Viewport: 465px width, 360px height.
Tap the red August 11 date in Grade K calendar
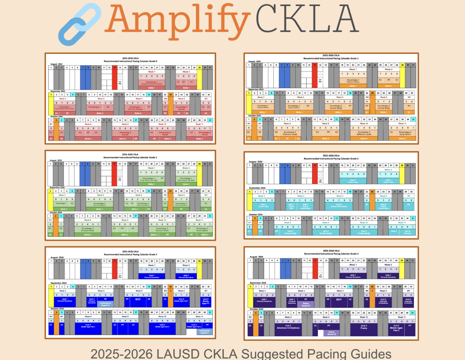point(115,67)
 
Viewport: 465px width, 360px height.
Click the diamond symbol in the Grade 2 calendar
point(120,173)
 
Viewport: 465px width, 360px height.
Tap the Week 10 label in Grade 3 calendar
point(364,223)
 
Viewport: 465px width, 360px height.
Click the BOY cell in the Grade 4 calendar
point(138,300)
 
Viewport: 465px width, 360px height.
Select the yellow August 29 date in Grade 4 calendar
point(199,261)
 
